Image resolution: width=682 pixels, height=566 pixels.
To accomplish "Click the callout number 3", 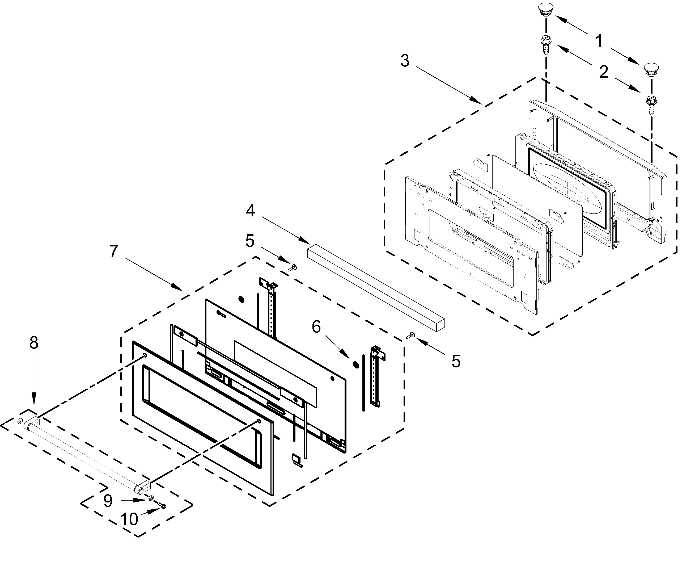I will (405, 61).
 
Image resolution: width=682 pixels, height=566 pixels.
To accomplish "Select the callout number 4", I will (250, 211).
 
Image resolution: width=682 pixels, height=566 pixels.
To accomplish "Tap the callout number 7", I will (113, 251).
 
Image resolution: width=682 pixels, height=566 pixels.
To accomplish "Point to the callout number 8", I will (34, 343).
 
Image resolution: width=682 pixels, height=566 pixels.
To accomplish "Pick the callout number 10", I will (129, 519).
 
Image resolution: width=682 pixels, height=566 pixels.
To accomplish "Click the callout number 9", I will (108, 501).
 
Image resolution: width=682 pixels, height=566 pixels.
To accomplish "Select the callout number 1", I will (599, 41).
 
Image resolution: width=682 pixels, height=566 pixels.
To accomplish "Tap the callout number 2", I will (603, 72).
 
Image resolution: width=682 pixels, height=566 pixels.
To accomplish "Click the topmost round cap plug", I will (546, 9).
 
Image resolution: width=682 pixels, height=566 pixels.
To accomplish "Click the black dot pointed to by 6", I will (356, 364).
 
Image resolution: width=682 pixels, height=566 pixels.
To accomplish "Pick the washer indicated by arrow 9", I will (151, 498).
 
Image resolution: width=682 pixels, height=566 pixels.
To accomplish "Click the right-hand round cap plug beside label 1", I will (651, 70).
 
